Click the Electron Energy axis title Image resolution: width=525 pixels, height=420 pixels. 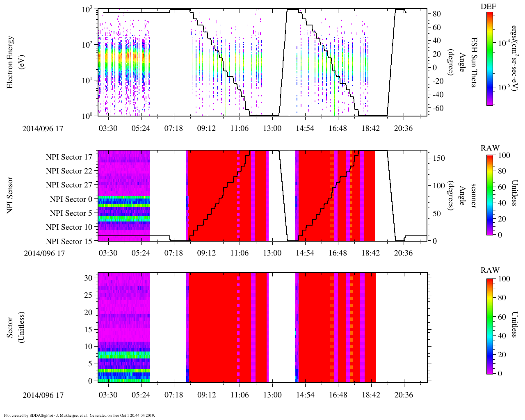point(11,62)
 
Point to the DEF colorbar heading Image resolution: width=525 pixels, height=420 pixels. point(488,6)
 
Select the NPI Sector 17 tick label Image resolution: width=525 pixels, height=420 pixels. point(69,157)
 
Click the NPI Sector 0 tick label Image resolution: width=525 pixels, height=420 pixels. point(71,199)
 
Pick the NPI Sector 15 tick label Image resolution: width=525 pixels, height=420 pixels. point(69,242)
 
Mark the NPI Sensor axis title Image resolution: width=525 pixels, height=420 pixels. point(11,195)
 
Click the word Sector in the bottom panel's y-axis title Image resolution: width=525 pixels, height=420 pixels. point(11,327)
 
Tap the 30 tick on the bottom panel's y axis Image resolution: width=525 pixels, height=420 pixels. point(88,278)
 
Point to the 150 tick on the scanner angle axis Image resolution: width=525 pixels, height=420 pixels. point(439,158)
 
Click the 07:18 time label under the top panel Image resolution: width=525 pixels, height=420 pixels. point(173,128)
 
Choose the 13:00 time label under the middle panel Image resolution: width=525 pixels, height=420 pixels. point(272,253)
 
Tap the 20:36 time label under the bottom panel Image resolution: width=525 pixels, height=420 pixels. point(403,395)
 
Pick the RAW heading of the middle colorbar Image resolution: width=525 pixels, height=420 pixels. point(490,148)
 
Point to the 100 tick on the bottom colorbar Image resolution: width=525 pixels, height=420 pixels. point(504,279)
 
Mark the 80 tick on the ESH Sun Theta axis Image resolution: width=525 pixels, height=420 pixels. point(437,14)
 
